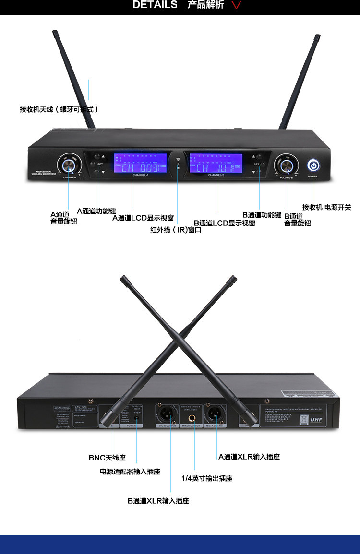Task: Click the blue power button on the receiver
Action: click(x=313, y=165)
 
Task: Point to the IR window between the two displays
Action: click(x=178, y=165)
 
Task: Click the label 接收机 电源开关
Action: click(x=326, y=207)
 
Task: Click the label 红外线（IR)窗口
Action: click(x=176, y=230)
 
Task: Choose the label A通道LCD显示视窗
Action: click(x=143, y=218)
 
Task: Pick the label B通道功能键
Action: click(x=262, y=215)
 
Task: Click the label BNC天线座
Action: click(x=107, y=458)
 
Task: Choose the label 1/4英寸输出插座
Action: click(x=206, y=478)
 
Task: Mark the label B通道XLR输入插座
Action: click(x=158, y=501)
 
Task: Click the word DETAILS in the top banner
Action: click(x=155, y=5)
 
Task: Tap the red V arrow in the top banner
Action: click(x=236, y=6)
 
